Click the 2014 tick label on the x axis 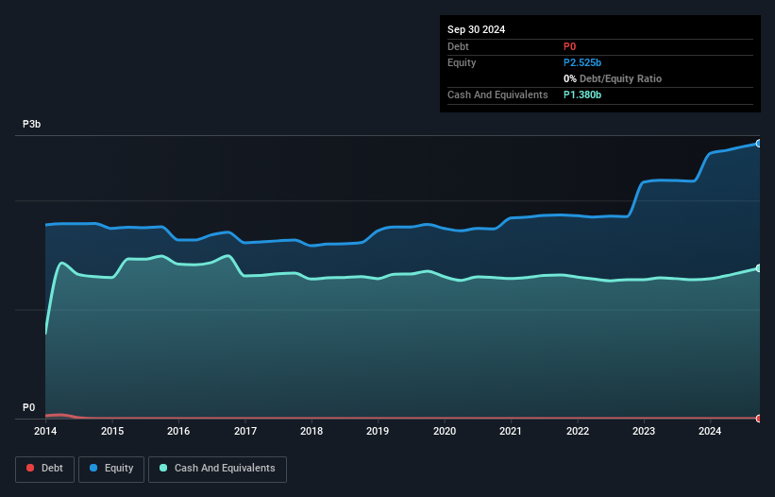(x=45, y=432)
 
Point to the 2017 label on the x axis (x=245, y=432)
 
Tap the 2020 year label (x=445, y=432)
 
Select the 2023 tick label (x=644, y=432)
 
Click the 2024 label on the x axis (x=711, y=432)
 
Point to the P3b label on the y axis (x=32, y=125)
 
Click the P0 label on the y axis (x=28, y=408)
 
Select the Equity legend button (x=110, y=468)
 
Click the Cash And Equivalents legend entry (x=217, y=468)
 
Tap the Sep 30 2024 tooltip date (x=477, y=29)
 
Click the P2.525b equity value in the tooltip (x=582, y=62)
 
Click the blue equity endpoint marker (x=759, y=144)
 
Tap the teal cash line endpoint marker (x=759, y=268)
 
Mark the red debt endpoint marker (x=759, y=418)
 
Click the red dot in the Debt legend (x=31, y=468)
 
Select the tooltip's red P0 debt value (x=569, y=46)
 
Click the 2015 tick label (x=112, y=432)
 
